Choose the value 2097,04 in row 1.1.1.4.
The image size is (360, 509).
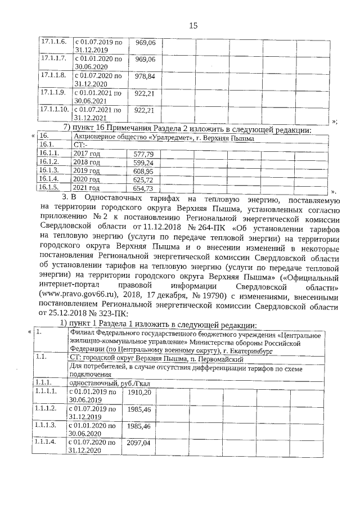139,443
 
